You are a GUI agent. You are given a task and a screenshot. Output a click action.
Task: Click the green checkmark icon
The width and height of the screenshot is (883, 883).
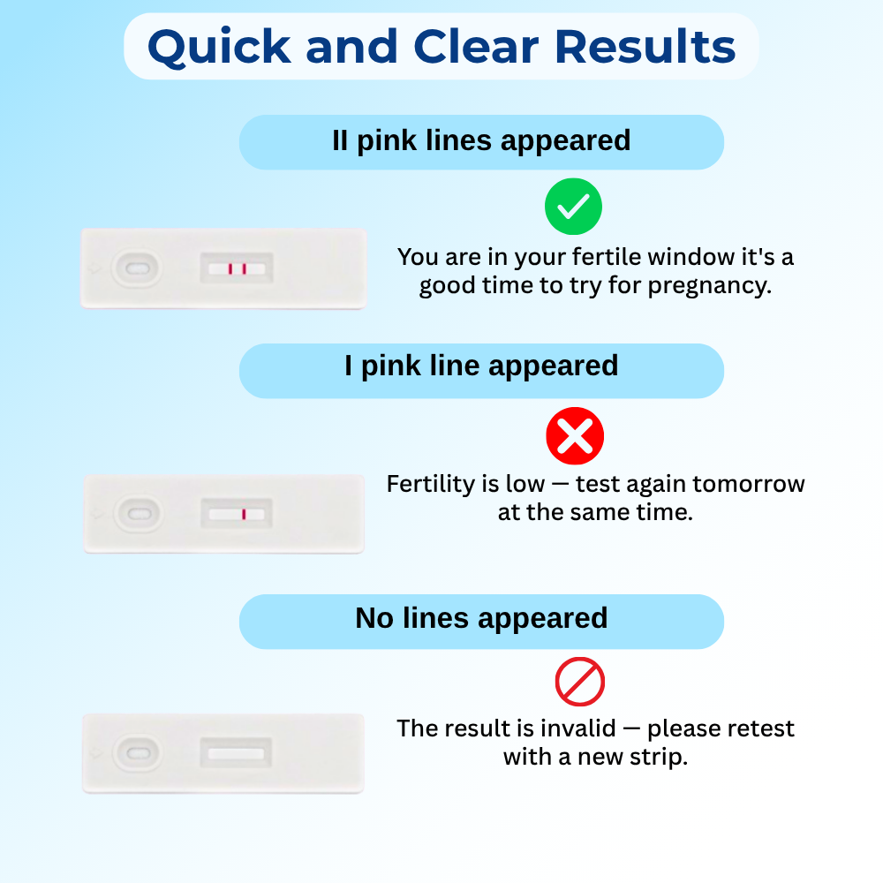pyautogui.click(x=573, y=207)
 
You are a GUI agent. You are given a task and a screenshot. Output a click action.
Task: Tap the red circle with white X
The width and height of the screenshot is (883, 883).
pyautogui.click(x=575, y=436)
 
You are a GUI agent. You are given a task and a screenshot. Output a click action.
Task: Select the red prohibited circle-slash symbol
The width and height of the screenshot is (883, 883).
pyautogui.click(x=580, y=682)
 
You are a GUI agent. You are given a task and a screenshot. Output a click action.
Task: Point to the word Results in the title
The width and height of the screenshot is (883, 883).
pyautogui.click(x=645, y=46)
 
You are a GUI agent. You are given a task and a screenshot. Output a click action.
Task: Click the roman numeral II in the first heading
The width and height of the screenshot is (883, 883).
pyautogui.click(x=340, y=140)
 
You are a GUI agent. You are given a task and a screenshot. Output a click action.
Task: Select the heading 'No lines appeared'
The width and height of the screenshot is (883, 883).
pyautogui.click(x=481, y=618)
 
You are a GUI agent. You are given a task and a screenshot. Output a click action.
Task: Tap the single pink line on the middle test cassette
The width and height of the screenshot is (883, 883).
pyautogui.click(x=244, y=514)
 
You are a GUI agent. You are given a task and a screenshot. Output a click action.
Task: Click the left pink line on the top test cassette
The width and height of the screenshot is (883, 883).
pyautogui.click(x=230, y=268)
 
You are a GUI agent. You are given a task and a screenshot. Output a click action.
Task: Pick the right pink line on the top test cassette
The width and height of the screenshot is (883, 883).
pyautogui.click(x=245, y=268)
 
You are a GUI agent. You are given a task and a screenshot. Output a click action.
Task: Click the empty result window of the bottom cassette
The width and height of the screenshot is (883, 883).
pyautogui.click(x=236, y=753)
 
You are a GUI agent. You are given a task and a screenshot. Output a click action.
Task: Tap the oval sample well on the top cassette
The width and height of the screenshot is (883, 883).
pyautogui.click(x=137, y=268)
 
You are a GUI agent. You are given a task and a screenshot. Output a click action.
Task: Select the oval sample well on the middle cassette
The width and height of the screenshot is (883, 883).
pyautogui.click(x=139, y=514)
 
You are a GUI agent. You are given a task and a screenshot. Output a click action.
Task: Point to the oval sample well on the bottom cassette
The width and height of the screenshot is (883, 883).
pyautogui.click(x=138, y=753)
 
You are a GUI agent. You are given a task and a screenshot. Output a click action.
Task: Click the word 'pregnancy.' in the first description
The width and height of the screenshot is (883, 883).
pyautogui.click(x=710, y=285)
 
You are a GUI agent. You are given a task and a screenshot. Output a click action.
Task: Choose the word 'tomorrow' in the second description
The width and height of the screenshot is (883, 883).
pyautogui.click(x=748, y=484)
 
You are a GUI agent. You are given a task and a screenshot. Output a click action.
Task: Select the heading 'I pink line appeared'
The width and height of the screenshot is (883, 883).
pyautogui.click(x=481, y=366)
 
